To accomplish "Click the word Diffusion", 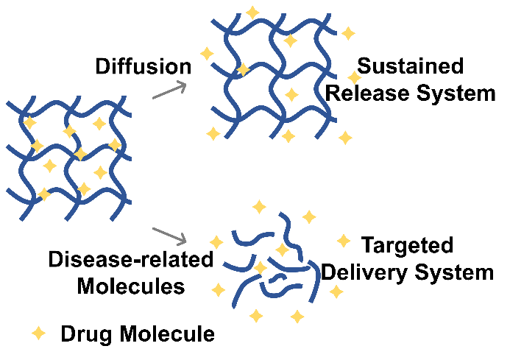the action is click(143, 66).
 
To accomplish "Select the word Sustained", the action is click(410, 66).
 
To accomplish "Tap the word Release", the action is click(367, 93).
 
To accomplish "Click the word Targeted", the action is click(407, 244).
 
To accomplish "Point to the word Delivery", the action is click(364, 273).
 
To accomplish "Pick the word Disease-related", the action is click(131, 259).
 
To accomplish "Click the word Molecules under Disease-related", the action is click(131, 286).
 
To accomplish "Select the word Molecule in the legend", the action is click(168, 333).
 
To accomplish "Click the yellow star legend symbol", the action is click(39, 333).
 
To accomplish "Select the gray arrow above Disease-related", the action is click(169, 236).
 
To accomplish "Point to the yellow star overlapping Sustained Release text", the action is click(354, 77).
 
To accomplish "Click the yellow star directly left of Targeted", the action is click(344, 241).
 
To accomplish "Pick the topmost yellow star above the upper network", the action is click(252, 13).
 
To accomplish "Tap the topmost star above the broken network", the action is click(259, 207).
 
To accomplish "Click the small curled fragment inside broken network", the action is click(277, 278).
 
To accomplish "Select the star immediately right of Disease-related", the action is click(216, 242).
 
